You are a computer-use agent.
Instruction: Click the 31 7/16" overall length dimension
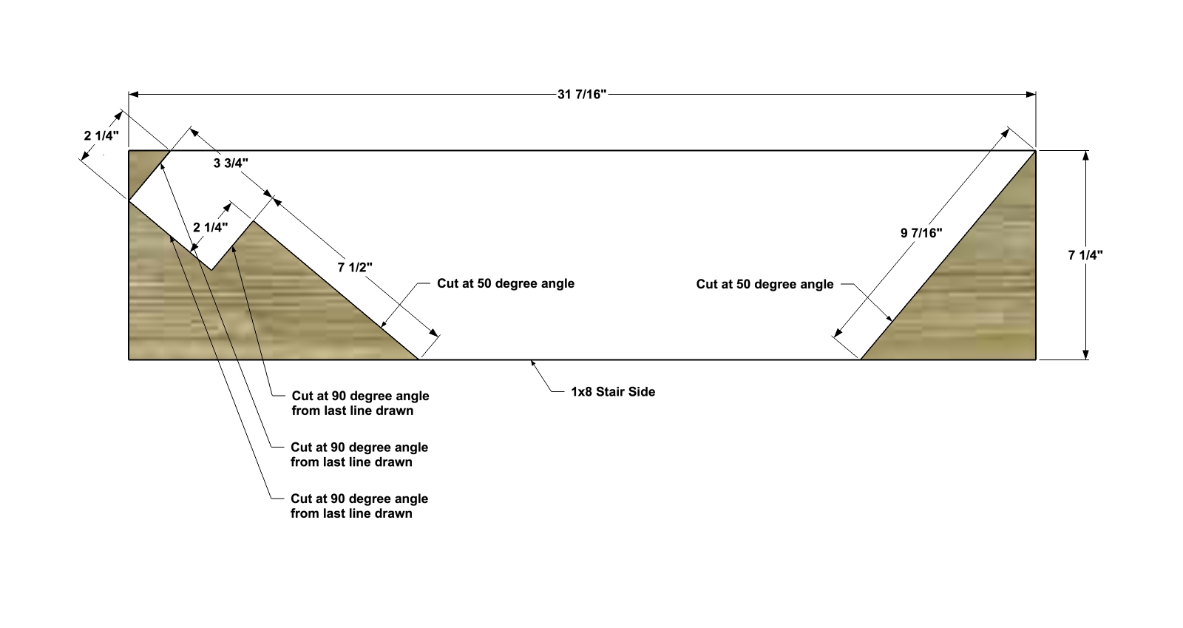pos(581,95)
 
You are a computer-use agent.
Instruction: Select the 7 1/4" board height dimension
pos(1085,255)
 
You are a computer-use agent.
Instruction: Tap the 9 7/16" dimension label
pos(921,233)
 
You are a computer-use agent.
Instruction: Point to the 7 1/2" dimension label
pos(355,267)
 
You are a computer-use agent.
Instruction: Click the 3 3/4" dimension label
pos(231,163)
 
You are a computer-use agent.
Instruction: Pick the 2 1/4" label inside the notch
pos(210,228)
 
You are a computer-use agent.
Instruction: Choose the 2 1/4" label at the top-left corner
pos(101,136)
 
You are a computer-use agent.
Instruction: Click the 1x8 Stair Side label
pos(613,392)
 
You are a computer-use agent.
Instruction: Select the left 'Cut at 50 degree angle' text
pos(506,283)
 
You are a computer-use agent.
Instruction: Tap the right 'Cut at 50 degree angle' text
pos(765,284)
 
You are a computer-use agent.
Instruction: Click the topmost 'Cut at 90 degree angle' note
pos(360,403)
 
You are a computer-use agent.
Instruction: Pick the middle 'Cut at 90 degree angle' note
pos(359,455)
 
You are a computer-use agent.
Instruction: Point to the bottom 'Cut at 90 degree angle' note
pos(359,506)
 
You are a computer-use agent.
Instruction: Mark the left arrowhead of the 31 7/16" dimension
pos(133,95)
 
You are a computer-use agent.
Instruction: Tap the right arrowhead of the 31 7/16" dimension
pos(1031,95)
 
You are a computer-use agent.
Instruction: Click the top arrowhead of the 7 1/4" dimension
pos(1086,155)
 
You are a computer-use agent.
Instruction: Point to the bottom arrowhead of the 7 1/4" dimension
pos(1086,355)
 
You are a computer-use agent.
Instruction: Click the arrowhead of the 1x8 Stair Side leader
pos(533,363)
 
